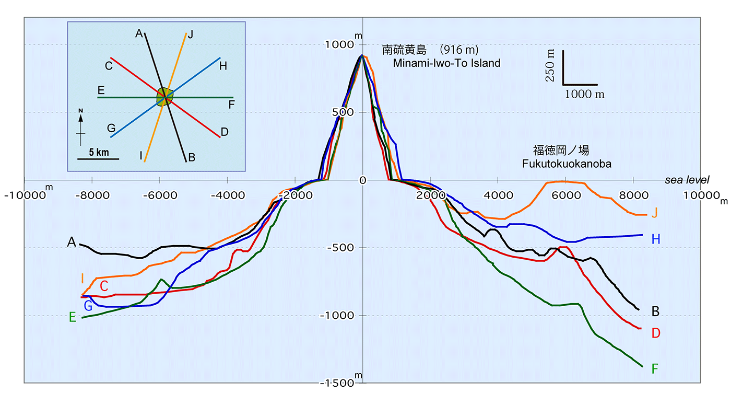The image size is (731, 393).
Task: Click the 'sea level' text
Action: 687,180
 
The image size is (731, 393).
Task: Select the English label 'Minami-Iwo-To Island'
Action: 446,63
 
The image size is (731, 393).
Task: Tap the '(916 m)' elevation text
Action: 459,50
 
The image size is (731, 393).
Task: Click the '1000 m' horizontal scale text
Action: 585,94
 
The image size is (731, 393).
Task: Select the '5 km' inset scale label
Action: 98,153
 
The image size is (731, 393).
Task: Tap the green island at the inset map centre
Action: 164,97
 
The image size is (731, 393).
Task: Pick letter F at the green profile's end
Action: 655,369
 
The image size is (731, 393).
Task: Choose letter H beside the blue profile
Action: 656,239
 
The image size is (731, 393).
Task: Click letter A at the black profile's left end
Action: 72,242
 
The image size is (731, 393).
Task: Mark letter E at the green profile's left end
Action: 72,317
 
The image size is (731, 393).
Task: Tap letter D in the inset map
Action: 225,132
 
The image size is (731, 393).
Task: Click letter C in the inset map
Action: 109,66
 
